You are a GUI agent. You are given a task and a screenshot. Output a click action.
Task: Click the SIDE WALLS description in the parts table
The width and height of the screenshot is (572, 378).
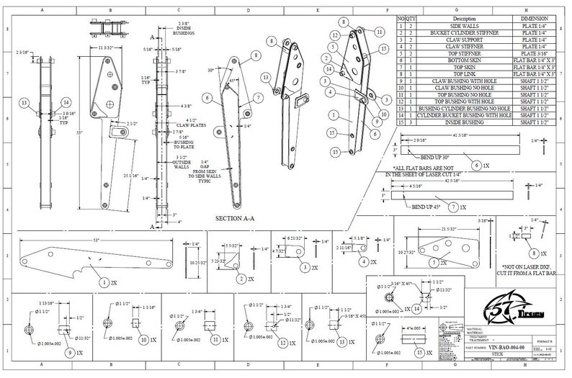click(x=465, y=26)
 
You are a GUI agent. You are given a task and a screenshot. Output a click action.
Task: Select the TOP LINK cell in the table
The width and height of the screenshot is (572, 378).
click(x=465, y=73)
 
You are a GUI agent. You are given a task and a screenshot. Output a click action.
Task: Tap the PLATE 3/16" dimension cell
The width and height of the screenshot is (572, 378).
click(x=535, y=53)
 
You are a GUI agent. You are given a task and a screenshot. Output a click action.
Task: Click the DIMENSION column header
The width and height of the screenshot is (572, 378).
click(x=535, y=19)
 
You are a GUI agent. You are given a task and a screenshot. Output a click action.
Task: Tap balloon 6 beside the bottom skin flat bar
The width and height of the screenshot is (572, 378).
click(x=477, y=165)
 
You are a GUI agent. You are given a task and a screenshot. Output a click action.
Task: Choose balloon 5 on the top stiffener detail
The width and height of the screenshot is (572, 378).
click(x=434, y=264)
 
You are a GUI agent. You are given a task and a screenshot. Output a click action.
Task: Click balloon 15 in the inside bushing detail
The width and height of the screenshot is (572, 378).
click(x=421, y=354)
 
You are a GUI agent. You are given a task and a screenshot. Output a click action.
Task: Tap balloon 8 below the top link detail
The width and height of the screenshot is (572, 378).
click(x=534, y=254)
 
